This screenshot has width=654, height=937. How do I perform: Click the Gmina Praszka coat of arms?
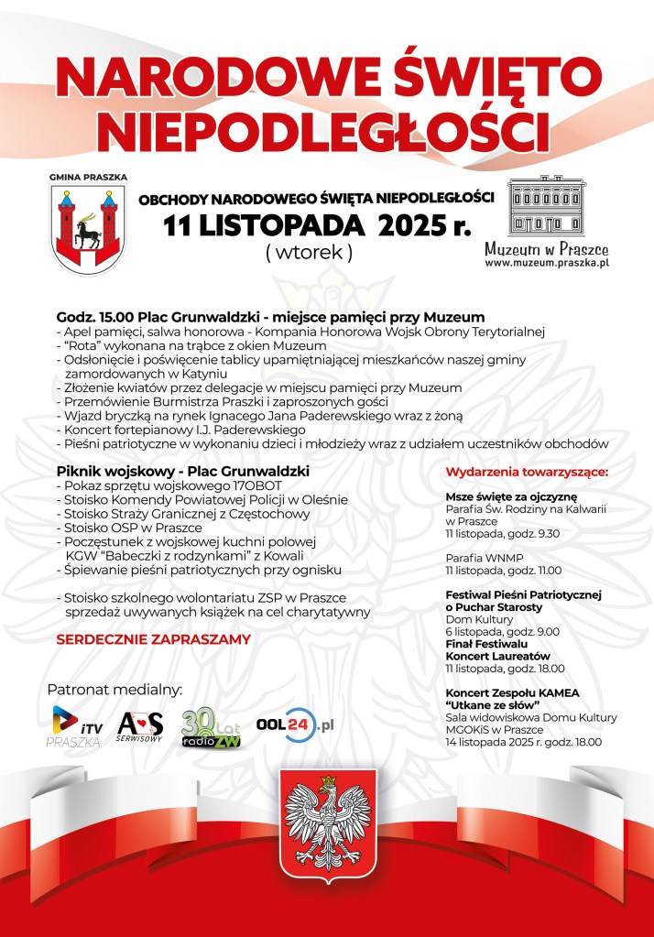click(x=88, y=225)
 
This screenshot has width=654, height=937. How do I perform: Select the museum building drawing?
click(x=547, y=206)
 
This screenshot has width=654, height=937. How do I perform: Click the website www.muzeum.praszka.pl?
click(x=547, y=263)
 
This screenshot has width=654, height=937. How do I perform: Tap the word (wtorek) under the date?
click(x=309, y=253)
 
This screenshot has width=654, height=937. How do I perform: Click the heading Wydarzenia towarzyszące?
click(x=527, y=473)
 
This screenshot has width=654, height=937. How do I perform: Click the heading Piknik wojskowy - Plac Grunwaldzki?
click(x=182, y=470)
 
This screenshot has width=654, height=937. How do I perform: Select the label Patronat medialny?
click(x=114, y=688)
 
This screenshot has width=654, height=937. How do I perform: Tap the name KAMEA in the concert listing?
click(x=558, y=692)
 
